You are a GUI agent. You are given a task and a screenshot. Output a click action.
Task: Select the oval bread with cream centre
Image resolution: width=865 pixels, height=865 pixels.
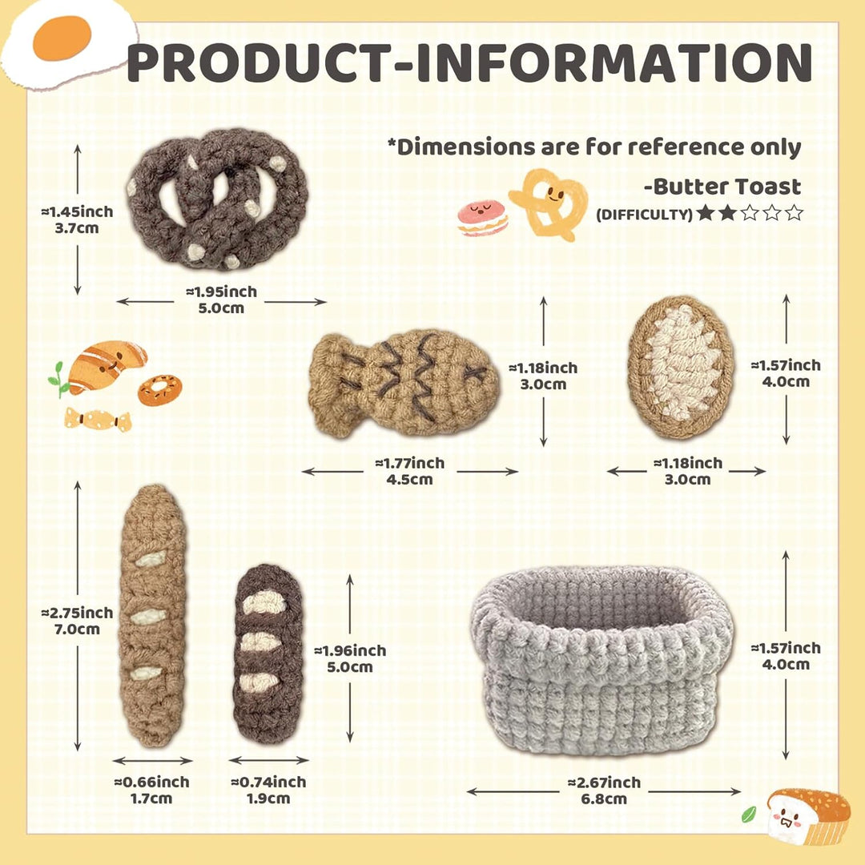click(682, 367)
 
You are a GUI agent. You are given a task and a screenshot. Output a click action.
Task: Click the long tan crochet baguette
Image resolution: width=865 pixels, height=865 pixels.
click(153, 615)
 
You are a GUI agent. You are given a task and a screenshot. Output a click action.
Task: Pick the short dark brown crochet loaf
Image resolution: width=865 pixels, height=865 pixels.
click(268, 654)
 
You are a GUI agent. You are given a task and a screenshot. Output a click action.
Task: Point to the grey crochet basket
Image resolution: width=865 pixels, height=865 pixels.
click(602, 659)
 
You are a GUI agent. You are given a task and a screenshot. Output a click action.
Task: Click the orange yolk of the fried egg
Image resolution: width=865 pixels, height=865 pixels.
click(62, 38)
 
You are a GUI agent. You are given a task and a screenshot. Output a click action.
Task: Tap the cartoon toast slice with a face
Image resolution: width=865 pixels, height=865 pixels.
click(808, 815)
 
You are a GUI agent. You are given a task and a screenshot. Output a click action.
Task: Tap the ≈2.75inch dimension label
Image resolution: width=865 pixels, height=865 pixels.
click(77, 613)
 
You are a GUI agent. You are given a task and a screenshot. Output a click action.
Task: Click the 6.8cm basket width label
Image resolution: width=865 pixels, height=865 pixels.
click(604, 799)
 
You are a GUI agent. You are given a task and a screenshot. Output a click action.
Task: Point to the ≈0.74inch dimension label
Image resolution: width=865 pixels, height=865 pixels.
click(268, 782)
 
